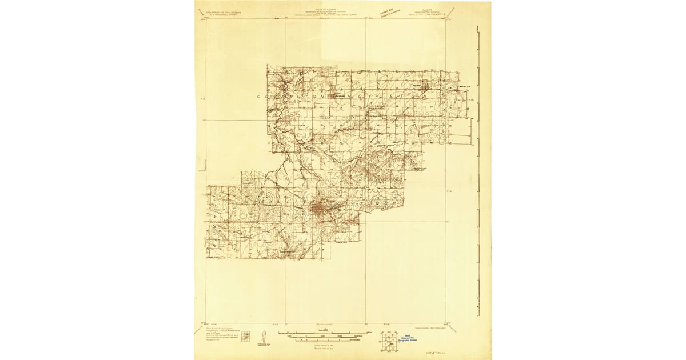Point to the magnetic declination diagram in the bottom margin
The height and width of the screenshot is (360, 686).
click(264, 335)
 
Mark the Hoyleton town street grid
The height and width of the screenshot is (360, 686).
click(426, 87)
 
